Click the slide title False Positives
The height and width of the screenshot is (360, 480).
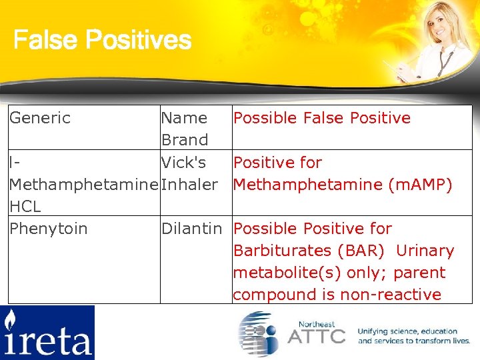click(102, 41)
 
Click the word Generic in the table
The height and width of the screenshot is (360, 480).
click(40, 118)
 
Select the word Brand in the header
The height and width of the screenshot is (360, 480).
click(185, 140)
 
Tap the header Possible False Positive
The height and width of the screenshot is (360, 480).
click(321, 118)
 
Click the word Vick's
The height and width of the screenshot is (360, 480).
click(183, 162)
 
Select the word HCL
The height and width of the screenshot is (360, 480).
click(25, 206)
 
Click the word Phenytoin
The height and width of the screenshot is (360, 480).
click(48, 228)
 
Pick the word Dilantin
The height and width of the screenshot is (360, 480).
click(191, 228)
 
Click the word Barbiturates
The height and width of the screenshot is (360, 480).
click(281, 250)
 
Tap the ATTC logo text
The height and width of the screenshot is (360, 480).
click(316, 335)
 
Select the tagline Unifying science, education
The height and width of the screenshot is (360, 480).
click(407, 331)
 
